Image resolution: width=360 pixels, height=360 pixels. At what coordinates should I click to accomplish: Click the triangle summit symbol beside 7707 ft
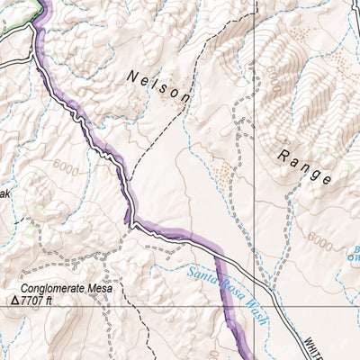[15, 303]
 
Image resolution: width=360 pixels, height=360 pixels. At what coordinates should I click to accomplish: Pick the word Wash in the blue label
[255, 321]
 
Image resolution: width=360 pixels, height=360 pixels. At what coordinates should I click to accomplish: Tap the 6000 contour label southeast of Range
[319, 241]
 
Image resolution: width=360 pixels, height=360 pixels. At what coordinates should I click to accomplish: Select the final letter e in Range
[325, 179]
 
